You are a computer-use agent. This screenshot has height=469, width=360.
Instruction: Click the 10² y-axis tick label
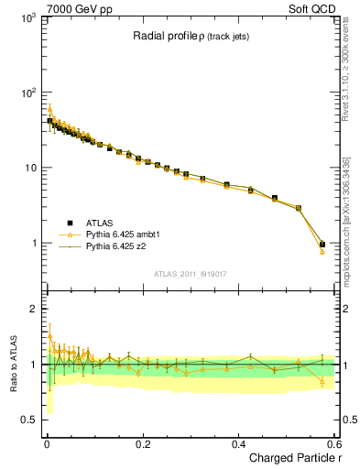[28, 93]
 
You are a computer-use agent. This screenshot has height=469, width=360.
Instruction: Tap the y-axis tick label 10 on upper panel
[30, 168]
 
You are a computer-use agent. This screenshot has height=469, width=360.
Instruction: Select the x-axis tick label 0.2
[143, 442]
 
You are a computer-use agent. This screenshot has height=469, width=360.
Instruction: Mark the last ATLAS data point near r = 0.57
[322, 245]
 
